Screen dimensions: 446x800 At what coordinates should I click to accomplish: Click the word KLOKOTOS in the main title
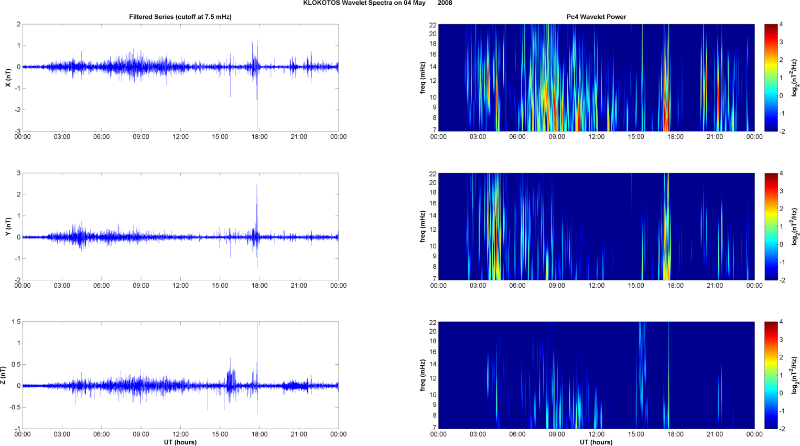click(320, 3)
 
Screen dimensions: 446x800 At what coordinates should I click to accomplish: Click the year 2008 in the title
click(445, 3)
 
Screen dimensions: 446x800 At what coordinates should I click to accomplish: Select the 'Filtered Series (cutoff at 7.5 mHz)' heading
click(180, 17)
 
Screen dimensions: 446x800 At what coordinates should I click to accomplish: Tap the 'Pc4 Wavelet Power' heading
click(596, 17)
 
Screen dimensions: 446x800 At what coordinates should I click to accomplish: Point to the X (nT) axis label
click(8, 78)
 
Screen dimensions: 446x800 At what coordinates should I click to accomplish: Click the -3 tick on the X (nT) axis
click(17, 131)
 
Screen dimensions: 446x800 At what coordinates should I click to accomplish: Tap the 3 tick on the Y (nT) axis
click(19, 173)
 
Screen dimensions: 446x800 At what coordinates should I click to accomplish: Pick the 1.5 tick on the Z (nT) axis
click(16, 322)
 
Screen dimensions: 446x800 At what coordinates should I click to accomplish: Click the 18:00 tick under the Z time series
click(260, 434)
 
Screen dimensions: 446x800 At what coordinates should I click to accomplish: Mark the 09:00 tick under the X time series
click(141, 137)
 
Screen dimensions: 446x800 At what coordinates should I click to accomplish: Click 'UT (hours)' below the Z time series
click(180, 442)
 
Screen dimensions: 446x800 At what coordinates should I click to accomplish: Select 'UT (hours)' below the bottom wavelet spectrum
click(596, 442)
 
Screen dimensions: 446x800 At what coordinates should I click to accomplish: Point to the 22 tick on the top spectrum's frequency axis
click(433, 25)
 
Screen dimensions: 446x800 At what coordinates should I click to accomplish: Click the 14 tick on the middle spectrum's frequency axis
click(433, 215)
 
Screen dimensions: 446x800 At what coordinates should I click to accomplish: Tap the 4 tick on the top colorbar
click(781, 25)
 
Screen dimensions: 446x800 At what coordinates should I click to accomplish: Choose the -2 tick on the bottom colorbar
click(782, 429)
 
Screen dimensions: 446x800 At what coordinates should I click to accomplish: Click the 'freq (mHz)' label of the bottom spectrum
click(423, 375)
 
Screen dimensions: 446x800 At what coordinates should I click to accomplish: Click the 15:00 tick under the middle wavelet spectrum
click(636, 286)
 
